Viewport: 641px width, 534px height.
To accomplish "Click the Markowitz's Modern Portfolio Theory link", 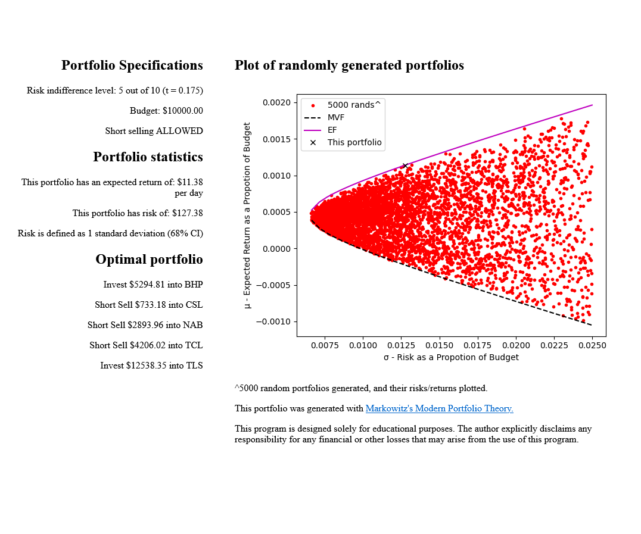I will (439, 408).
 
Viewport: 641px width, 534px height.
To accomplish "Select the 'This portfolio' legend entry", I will (354, 143).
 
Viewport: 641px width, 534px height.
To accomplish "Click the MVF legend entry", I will (335, 117).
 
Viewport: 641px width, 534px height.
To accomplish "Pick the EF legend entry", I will (332, 130).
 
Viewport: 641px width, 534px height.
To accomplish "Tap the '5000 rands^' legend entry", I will (353, 105).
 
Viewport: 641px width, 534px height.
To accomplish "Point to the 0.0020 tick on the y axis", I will (276, 102).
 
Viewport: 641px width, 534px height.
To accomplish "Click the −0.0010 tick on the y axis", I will (274, 321).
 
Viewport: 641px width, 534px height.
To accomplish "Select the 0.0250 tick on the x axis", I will (592, 345).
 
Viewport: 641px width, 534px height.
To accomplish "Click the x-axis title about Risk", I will (451, 357).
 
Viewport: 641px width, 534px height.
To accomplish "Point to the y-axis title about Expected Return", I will (248, 216).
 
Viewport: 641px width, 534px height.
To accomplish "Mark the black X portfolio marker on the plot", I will (405, 165).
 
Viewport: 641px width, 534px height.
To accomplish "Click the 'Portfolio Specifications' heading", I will (132, 65).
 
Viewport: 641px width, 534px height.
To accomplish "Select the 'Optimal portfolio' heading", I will (149, 260).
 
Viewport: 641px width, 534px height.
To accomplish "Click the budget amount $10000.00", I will (182, 111).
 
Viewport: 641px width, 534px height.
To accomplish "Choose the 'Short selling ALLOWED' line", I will (154, 131).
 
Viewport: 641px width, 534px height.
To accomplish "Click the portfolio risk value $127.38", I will (187, 213).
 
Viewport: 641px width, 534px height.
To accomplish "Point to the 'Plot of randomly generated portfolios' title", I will (349, 65).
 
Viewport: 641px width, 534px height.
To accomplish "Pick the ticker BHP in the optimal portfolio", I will (194, 285).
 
